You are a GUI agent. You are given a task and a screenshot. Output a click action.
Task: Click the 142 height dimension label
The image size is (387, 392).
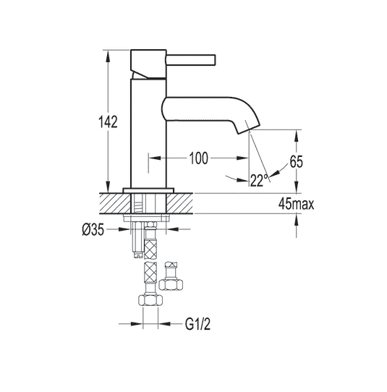click(x=108, y=122)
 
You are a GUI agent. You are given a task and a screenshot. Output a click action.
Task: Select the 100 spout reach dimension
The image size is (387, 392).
click(x=198, y=158)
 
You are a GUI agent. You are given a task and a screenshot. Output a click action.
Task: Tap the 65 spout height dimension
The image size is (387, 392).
click(x=297, y=161)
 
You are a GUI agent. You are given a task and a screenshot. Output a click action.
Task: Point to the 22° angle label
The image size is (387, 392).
click(x=259, y=180)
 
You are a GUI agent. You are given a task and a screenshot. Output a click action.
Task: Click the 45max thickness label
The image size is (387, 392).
click(x=297, y=204)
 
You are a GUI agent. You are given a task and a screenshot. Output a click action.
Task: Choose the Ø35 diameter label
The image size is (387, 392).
click(x=93, y=229)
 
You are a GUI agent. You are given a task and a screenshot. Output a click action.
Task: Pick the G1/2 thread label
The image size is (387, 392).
click(x=197, y=324)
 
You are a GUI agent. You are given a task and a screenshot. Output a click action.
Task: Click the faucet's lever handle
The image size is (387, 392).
click(x=190, y=61)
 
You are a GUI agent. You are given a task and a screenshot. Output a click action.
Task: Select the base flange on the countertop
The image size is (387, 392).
click(x=148, y=190)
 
